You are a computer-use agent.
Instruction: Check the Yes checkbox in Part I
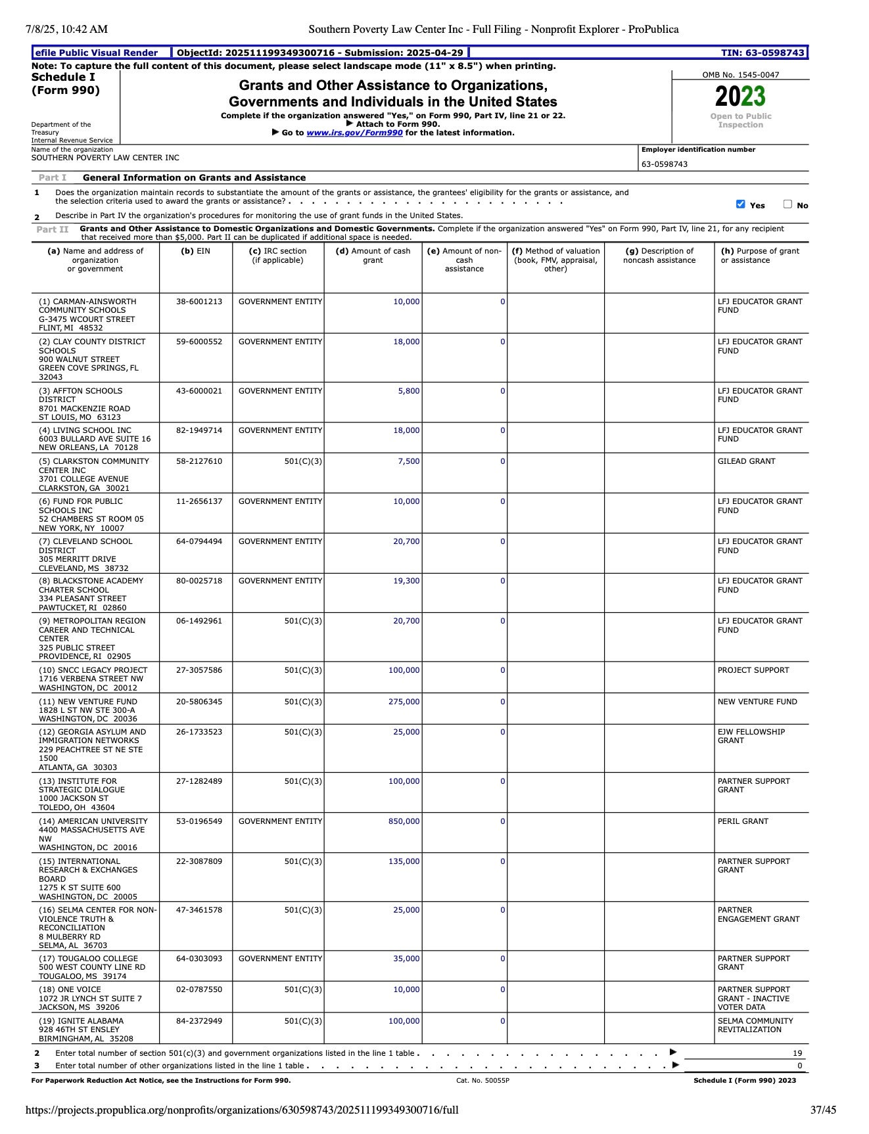(x=741, y=204)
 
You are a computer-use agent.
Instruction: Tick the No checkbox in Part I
(x=787, y=204)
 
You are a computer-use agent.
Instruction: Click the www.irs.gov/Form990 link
(x=354, y=133)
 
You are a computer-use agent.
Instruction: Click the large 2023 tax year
(x=740, y=97)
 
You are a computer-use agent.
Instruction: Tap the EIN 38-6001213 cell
(x=199, y=302)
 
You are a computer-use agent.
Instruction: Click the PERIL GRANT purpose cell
(x=743, y=821)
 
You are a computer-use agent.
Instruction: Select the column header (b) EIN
(x=196, y=251)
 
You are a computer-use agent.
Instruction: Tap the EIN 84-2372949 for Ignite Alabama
(x=199, y=1021)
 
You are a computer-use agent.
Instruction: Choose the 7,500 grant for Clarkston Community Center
(x=408, y=461)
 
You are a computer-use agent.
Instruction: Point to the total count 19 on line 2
(x=797, y=1053)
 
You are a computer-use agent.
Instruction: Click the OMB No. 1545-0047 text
(x=740, y=75)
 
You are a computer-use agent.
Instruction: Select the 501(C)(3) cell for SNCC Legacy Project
(x=303, y=670)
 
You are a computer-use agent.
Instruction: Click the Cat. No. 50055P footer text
(x=482, y=1081)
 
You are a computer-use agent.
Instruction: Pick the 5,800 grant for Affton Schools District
(x=408, y=391)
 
